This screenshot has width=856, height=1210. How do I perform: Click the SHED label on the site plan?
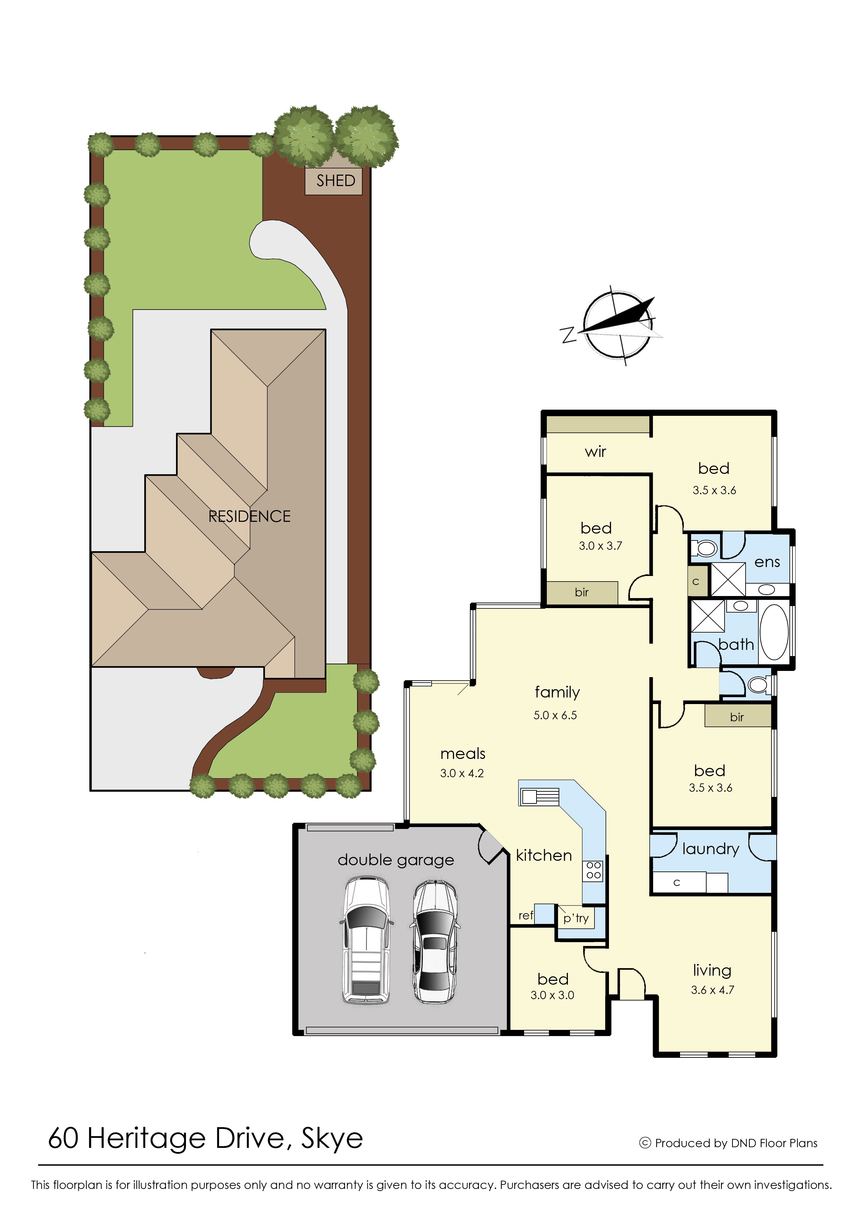336,181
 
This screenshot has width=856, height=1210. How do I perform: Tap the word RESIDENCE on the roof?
249,516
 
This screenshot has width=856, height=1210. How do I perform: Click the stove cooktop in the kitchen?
593,870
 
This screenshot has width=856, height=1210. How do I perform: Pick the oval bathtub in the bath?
774,632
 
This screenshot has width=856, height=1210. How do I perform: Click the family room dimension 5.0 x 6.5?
555,715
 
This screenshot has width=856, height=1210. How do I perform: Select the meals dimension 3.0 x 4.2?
462,773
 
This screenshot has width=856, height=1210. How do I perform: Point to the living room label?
712,970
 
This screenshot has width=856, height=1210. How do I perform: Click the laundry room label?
710,849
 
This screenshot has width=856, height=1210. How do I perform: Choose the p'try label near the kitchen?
575,918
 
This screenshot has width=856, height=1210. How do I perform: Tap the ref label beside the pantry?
525,915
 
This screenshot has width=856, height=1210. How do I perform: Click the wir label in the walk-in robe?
596,452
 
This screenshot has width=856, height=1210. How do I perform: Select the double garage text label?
396,860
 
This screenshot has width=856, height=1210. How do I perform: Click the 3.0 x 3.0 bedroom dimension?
552,995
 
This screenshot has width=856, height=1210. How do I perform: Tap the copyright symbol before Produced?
645,1143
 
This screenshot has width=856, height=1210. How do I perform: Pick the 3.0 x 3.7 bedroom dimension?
600,546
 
